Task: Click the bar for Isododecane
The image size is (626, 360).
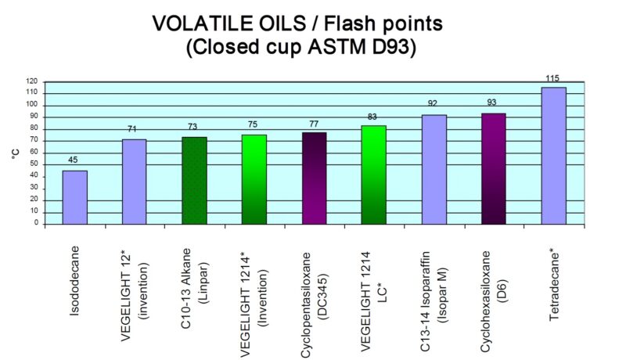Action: [x=75, y=197]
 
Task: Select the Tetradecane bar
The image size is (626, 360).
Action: [x=553, y=157]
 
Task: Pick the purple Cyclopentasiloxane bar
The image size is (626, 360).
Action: [x=314, y=178]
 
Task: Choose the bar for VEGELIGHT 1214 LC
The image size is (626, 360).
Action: [x=374, y=175]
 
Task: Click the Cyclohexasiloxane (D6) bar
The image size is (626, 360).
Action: [x=494, y=169]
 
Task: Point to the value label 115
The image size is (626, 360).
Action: [x=553, y=79]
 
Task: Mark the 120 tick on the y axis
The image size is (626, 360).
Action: [x=32, y=81]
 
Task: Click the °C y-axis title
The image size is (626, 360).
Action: [x=15, y=153]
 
